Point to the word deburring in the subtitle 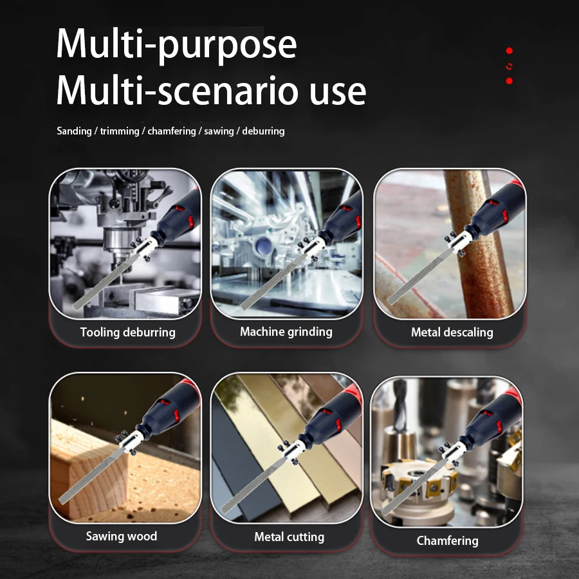[x=263, y=131]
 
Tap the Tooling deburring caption [x=127, y=333]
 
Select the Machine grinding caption [x=286, y=332]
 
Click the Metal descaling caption [x=452, y=333]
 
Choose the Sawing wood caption [x=122, y=536]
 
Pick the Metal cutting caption [x=289, y=537]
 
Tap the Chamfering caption [x=447, y=540]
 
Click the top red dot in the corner [x=509, y=50]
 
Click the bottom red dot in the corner [x=509, y=81]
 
